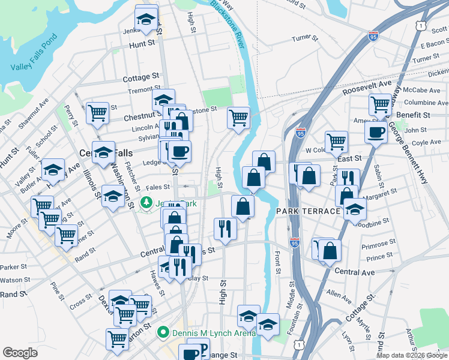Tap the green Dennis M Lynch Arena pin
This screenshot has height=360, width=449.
[161, 331]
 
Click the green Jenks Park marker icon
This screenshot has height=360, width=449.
[145, 203]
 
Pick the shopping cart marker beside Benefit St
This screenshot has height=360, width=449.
[380, 104]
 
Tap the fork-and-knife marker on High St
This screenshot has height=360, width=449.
[224, 228]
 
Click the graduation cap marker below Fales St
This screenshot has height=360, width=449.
[113, 196]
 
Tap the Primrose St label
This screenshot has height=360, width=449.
[377, 246]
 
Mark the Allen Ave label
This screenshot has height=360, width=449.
[340, 295]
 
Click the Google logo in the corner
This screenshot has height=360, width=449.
[20, 353]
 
